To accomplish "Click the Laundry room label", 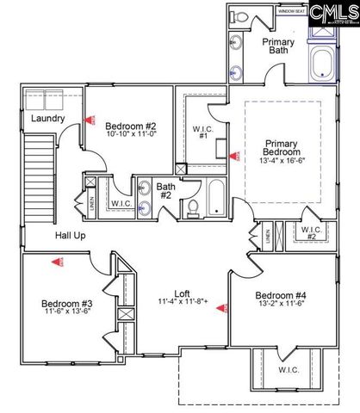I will pyautogui.click(x=43, y=118).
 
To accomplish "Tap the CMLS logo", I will pyautogui.click(x=332, y=13).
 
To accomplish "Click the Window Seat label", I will pyautogui.click(x=291, y=11).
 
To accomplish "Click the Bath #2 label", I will pyautogui.click(x=165, y=190).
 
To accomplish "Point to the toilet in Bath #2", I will pyautogui.click(x=194, y=206).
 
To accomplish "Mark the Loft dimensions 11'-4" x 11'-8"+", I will pyautogui.click(x=183, y=302).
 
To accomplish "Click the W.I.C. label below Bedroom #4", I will pyautogui.click(x=287, y=369).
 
